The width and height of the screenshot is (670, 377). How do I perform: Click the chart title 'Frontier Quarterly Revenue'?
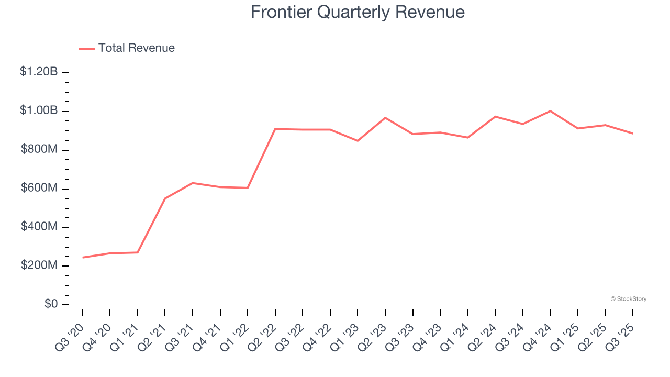click(x=358, y=12)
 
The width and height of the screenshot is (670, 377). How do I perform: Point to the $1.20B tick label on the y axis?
click(x=39, y=72)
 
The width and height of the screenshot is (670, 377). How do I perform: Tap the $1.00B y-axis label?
click(x=39, y=110)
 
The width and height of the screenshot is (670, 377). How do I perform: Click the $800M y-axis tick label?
click(x=39, y=149)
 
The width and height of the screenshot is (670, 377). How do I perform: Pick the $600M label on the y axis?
click(x=39, y=188)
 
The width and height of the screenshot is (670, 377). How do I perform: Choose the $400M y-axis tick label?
click(x=39, y=227)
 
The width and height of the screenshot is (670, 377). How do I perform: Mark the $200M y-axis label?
click(x=39, y=265)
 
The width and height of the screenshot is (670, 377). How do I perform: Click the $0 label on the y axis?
click(x=51, y=304)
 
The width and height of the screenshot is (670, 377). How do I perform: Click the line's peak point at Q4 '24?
click(x=551, y=111)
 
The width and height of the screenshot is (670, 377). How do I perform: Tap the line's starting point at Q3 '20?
click(x=83, y=258)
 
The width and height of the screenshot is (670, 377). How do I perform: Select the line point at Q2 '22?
click(x=275, y=129)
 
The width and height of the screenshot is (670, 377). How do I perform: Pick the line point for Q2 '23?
click(x=385, y=118)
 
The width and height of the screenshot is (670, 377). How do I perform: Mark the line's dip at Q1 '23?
click(x=358, y=141)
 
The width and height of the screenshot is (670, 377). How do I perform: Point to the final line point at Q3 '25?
click(x=633, y=134)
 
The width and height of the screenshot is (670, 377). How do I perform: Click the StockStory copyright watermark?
click(x=628, y=299)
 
